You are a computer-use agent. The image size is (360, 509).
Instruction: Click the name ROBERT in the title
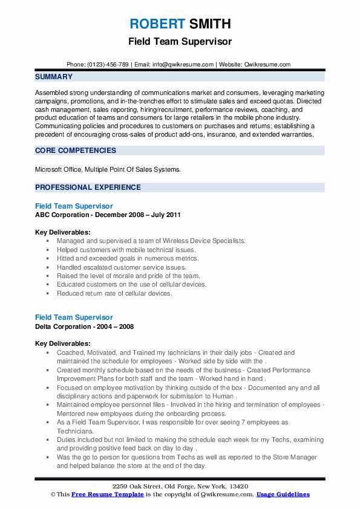click(x=156, y=24)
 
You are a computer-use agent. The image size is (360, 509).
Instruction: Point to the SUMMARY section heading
click(x=54, y=77)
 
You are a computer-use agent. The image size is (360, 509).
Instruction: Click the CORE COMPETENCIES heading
click(x=76, y=150)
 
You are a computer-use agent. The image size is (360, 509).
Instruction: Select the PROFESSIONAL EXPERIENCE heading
click(x=88, y=187)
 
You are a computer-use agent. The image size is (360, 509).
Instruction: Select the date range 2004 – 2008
click(x=117, y=326)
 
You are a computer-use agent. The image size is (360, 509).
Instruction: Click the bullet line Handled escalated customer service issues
click(x=122, y=267)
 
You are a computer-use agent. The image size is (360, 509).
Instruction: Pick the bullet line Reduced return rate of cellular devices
click(x=114, y=293)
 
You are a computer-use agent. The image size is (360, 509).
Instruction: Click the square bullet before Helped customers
click(x=48, y=250)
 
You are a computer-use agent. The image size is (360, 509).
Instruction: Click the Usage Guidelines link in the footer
click(x=283, y=494)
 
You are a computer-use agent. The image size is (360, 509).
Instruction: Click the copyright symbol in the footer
click(x=53, y=494)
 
